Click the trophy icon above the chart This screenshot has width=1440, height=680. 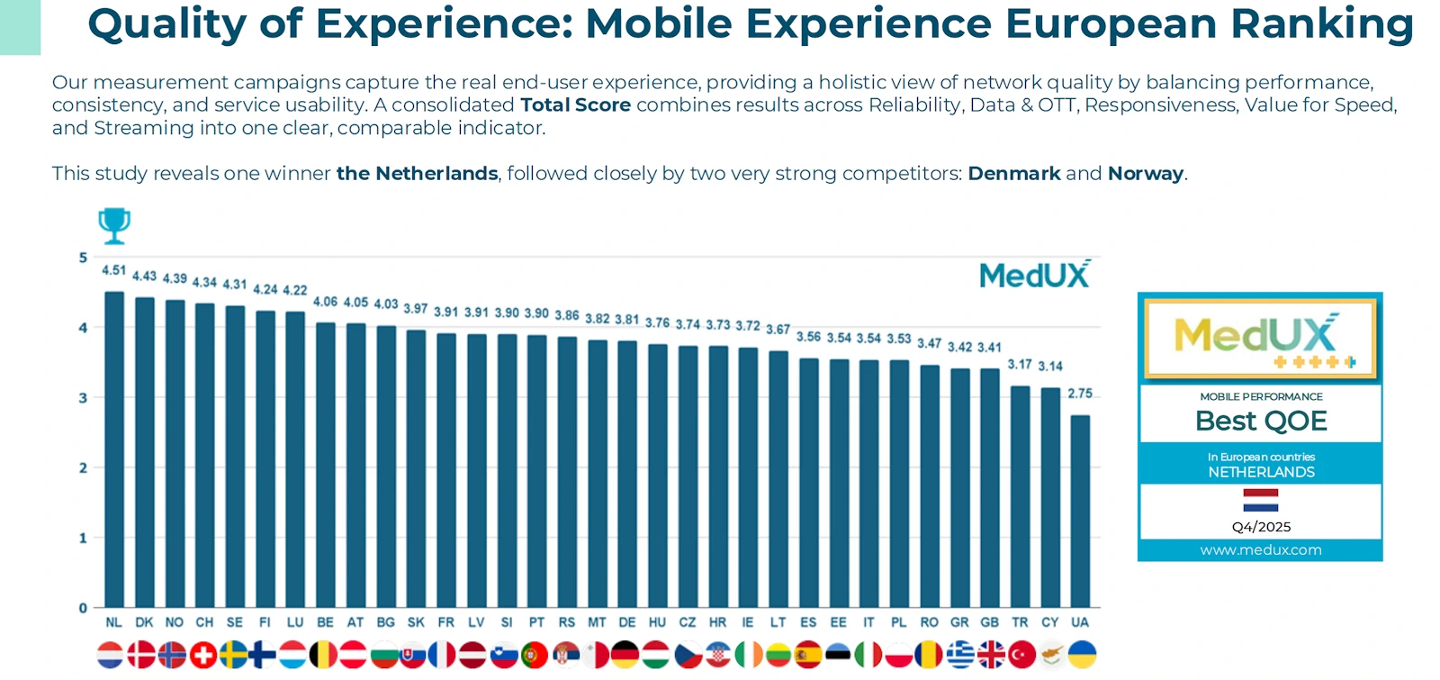click(114, 225)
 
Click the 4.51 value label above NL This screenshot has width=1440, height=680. click(114, 270)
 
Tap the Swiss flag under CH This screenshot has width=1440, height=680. click(204, 655)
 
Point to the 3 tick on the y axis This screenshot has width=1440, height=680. click(83, 398)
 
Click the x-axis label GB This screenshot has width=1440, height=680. click(990, 622)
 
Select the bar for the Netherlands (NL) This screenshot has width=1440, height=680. click(114, 450)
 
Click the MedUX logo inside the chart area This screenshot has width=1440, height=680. click(1035, 275)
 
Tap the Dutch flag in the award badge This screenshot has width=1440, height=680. click(1260, 500)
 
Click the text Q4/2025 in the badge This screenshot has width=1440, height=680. click(1261, 527)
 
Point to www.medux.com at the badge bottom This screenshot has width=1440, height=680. click(1260, 550)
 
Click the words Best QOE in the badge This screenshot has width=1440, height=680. click(1260, 422)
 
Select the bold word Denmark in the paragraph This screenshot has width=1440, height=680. click(1014, 173)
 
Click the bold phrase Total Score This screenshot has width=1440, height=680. click(575, 105)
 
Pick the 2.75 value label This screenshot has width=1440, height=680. click(1080, 394)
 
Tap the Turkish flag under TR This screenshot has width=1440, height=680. click(1021, 655)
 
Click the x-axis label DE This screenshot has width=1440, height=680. click(627, 622)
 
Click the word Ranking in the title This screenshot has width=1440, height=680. click(1322, 24)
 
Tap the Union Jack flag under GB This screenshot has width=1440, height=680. click(990, 655)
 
